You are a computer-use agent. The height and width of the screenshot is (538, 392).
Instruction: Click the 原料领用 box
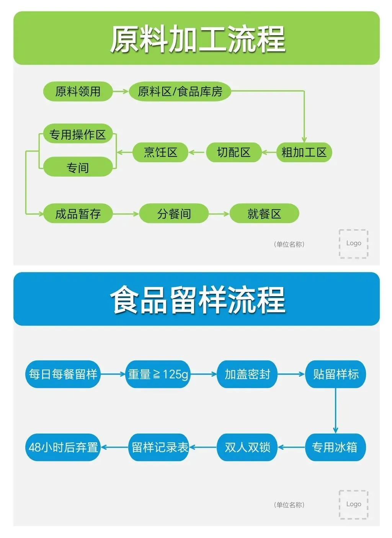pos(78,91)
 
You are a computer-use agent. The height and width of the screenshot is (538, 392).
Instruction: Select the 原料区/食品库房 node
pos(180,91)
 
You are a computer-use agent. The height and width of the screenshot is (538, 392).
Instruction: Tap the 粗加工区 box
pos(304,152)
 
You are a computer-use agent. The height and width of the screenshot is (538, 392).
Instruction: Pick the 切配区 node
pos(234,152)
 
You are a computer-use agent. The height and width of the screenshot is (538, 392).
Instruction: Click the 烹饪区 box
pos(160,152)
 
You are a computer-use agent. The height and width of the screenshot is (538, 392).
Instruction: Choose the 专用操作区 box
pos(78,134)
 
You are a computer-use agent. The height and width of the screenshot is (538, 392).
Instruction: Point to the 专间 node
pos(78,168)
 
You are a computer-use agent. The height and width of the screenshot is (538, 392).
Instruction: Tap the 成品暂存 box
pos(78,214)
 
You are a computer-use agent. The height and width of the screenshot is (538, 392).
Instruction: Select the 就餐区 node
pos(264,214)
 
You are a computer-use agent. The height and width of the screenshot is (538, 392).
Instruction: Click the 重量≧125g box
pos(158,374)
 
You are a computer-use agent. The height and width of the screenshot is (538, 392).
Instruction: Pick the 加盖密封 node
pos(247,374)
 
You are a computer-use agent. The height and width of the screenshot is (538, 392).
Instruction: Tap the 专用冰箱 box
pos(335,447)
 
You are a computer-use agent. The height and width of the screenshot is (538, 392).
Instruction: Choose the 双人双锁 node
pos(247,447)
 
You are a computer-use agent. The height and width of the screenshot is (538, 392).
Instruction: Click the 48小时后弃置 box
pos(63,447)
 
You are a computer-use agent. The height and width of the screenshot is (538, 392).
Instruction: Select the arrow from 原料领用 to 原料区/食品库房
pos(121,91)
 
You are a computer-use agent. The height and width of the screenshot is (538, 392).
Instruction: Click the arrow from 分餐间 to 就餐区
pos(219,214)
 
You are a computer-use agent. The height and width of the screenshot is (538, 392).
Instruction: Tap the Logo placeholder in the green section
pos(353,244)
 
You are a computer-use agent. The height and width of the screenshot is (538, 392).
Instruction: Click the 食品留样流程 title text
pos(198,300)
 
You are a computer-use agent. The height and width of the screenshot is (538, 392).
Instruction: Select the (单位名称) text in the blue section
pos(289,505)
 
